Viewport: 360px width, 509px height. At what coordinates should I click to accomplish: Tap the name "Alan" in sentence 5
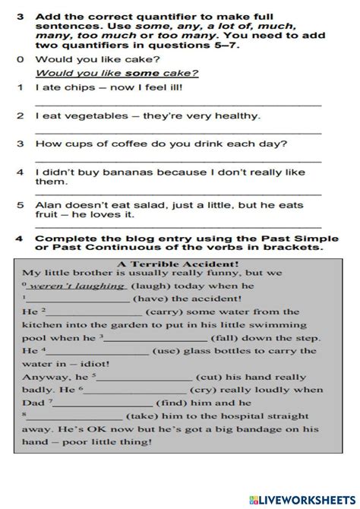point(48,205)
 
